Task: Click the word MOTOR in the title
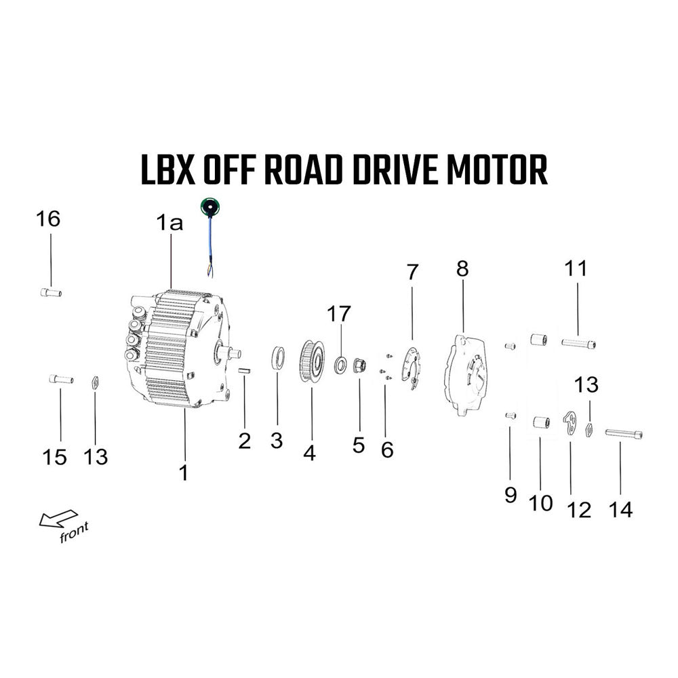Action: (497, 169)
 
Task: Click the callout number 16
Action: (48, 219)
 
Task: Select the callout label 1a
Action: (169, 223)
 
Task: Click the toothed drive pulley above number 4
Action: (312, 361)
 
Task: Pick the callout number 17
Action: (338, 314)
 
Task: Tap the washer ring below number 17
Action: (341, 365)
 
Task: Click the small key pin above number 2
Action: (245, 371)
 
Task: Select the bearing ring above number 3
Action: (277, 358)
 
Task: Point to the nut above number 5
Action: (360, 365)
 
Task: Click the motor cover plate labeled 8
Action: (466, 374)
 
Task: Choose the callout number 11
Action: (576, 268)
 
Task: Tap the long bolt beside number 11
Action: (578, 344)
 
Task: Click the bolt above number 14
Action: (624, 433)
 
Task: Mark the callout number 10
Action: (541, 503)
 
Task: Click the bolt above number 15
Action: (61, 380)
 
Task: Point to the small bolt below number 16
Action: (51, 292)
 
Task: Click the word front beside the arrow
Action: (74, 532)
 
